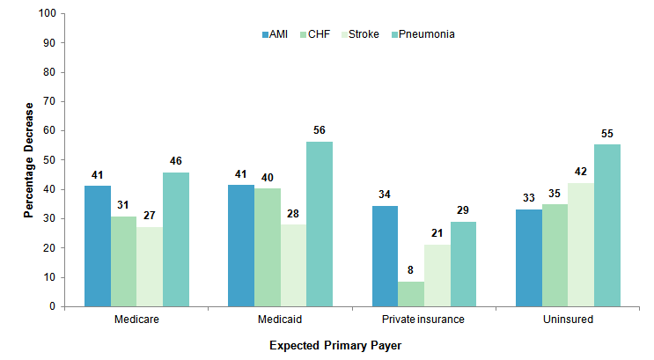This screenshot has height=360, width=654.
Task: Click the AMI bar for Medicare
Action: click(98, 246)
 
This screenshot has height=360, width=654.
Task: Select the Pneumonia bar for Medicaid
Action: click(320, 224)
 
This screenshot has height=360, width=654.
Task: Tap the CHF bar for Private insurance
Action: click(412, 294)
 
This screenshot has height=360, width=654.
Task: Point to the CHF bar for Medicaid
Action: click(268, 246)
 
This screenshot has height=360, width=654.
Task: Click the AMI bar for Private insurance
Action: click(385, 255)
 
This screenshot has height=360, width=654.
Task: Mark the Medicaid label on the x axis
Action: click(280, 319)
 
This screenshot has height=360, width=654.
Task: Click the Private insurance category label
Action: click(424, 319)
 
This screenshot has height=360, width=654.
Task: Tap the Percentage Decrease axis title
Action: click(28, 160)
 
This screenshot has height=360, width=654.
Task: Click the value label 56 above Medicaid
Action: click(320, 130)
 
